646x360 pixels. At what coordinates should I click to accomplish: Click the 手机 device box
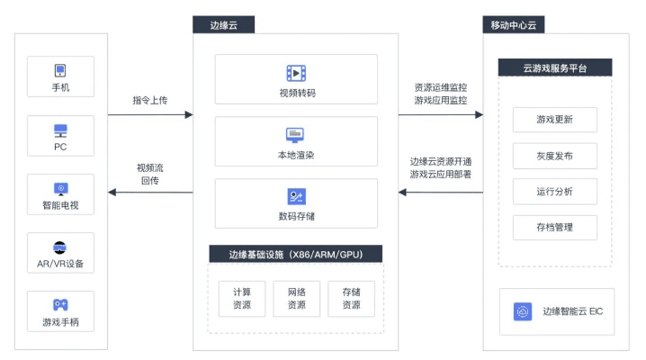(60, 78)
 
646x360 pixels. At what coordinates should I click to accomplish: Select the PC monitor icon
(60, 130)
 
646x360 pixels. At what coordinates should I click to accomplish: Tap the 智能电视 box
(60, 195)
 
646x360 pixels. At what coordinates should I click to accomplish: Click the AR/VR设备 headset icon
(60, 247)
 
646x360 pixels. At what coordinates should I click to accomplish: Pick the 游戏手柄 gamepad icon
(60, 305)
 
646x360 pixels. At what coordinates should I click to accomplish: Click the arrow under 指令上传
(150, 115)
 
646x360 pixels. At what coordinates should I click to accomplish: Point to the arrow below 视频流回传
(150, 192)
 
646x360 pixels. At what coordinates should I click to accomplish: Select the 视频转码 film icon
(296, 73)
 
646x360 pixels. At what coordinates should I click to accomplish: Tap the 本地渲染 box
(296, 141)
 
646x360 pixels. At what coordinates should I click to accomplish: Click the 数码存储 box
(296, 203)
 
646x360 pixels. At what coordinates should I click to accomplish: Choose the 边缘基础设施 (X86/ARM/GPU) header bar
(295, 254)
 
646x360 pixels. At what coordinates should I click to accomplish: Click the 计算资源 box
(242, 298)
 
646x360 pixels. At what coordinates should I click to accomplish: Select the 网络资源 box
(296, 298)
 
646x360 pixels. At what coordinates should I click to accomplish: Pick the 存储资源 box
(350, 298)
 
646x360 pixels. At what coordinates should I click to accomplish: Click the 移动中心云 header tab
(513, 24)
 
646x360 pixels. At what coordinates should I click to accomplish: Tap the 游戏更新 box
(554, 120)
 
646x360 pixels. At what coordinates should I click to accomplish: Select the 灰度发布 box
(554, 156)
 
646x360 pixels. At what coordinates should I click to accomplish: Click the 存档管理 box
(554, 227)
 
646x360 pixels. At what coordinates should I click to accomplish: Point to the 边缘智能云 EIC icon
(523, 311)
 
